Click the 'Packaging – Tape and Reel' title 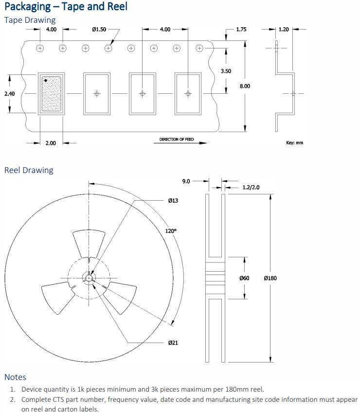coord(66,7)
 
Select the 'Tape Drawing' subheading coord(30,20)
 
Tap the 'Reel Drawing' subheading coord(29,170)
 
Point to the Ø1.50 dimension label coord(99,30)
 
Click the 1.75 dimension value coord(241,30)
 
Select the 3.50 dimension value coord(226,71)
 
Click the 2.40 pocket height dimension coord(10,93)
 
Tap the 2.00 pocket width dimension coord(51,143)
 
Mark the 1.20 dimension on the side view coord(284,30)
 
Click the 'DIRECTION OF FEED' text coord(176,139)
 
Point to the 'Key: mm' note coord(294,143)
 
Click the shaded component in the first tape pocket coord(52,94)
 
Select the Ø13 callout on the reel coord(173,201)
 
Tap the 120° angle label coord(171,231)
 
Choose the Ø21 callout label coord(173,343)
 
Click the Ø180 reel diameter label coord(270,278)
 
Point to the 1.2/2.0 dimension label coord(251,188)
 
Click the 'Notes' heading coord(15,377)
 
